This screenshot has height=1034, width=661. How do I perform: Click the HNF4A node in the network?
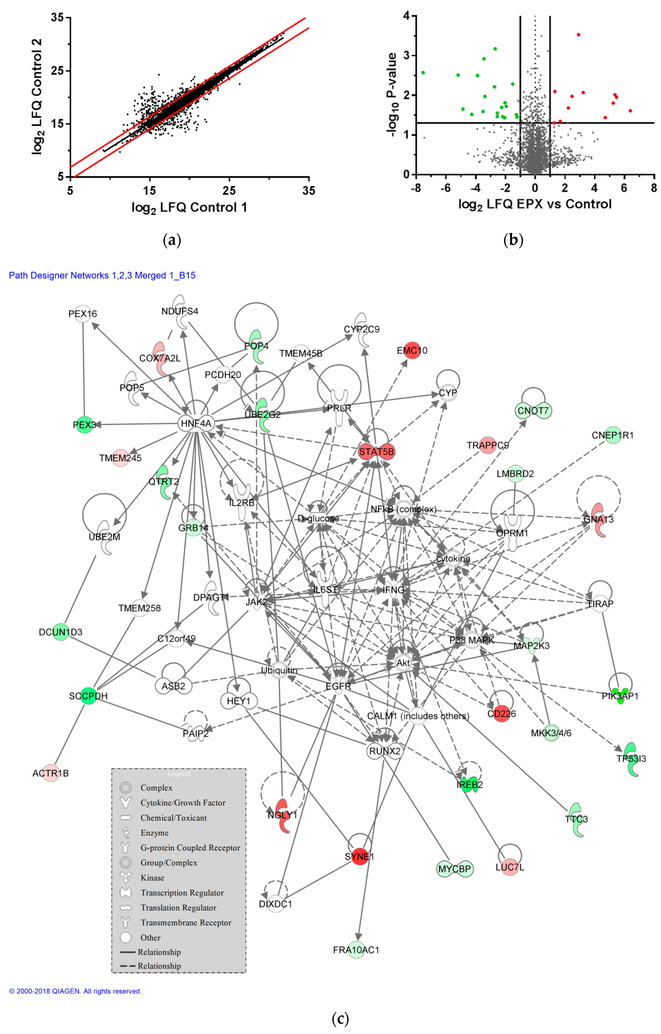tap(196, 423)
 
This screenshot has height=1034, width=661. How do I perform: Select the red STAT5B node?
tap(376, 452)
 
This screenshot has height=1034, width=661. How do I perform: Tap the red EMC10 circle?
tap(412, 350)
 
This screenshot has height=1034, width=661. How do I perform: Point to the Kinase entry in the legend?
tap(152, 878)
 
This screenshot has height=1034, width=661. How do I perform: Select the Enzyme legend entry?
tap(154, 833)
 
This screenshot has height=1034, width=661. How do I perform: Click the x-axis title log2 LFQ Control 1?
tap(189, 208)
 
